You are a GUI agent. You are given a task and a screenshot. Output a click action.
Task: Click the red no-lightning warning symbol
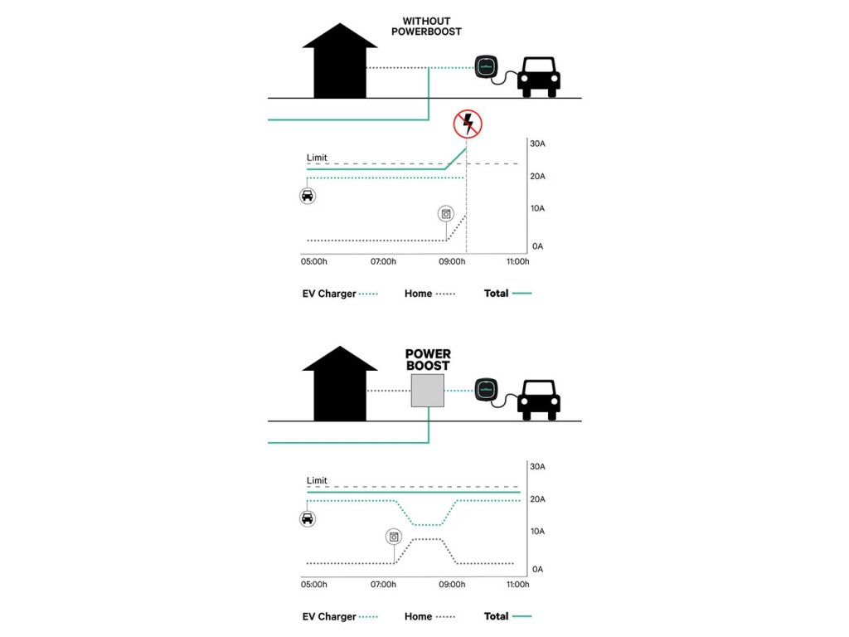point(468,124)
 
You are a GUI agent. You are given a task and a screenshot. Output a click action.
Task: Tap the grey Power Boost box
point(428,390)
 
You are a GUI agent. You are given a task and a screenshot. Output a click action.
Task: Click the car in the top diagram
point(539,76)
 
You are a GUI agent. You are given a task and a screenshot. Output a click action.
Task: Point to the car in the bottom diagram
point(539,399)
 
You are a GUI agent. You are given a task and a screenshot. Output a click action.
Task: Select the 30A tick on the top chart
point(537,144)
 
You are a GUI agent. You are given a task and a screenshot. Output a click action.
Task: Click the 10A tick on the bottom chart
point(537,531)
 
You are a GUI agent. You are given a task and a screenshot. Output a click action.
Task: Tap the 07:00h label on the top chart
point(383,262)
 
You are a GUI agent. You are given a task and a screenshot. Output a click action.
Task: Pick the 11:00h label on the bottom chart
point(517,585)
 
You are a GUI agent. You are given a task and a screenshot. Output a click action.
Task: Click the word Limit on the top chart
point(317,158)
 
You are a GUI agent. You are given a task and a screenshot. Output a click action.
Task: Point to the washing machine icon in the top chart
point(447,214)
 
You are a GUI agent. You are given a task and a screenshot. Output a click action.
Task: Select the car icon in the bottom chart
point(308,518)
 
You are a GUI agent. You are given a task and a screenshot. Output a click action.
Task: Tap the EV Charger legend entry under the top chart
point(340,294)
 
